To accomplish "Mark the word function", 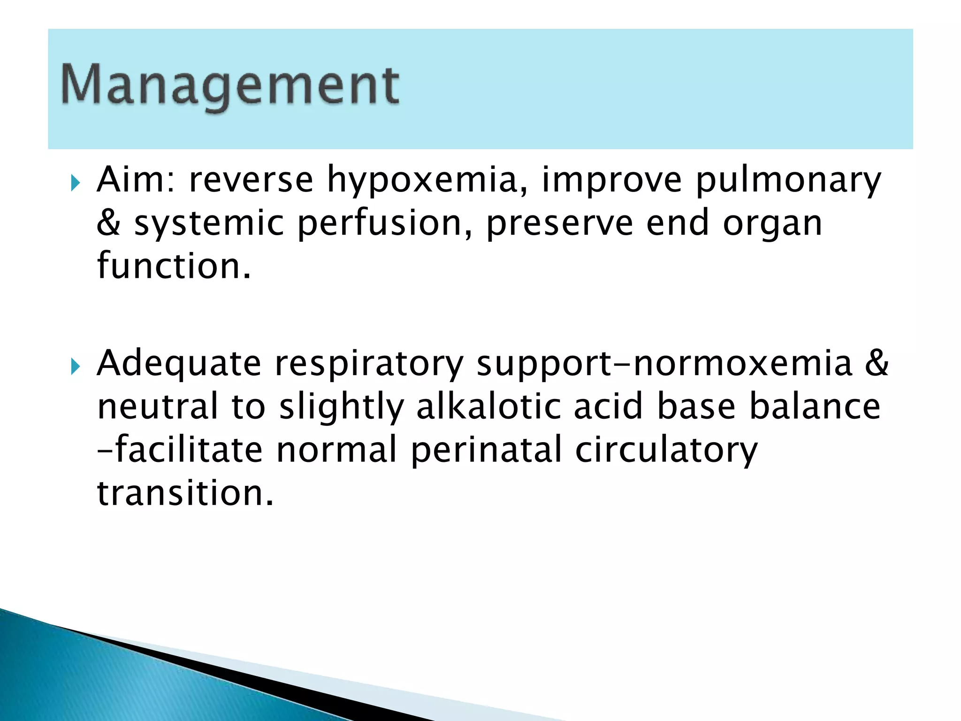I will (x=174, y=266).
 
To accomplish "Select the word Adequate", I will (x=179, y=364).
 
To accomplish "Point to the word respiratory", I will (x=369, y=364).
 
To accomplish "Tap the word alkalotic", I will (x=488, y=406).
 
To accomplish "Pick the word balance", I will (x=815, y=406).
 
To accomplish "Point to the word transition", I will (x=185, y=493).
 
